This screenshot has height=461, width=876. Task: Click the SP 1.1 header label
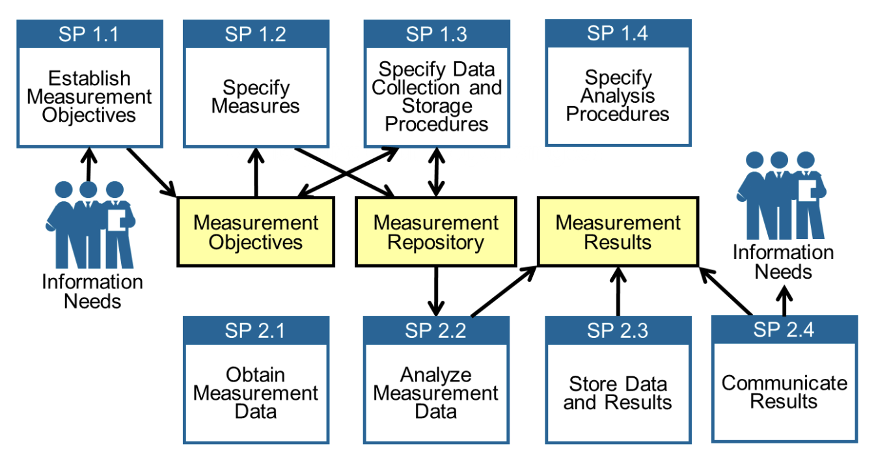point(89,35)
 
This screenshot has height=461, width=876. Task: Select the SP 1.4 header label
point(618,33)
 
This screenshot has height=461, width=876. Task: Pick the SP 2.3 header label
point(618,331)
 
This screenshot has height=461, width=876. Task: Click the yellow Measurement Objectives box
point(256,232)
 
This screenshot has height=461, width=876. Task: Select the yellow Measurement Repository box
point(435,232)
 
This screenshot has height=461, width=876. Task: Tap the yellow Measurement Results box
point(618,232)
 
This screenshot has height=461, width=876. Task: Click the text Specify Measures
point(255,96)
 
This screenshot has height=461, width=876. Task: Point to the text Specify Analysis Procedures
point(618,96)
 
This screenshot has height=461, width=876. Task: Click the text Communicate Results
point(784,391)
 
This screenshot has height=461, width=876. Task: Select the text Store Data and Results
point(618,393)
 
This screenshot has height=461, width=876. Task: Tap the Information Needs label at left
point(92,291)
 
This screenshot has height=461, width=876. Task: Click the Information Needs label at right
point(784,261)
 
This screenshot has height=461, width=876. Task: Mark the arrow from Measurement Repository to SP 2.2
point(435,290)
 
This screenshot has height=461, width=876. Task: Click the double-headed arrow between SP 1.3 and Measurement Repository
point(434,172)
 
